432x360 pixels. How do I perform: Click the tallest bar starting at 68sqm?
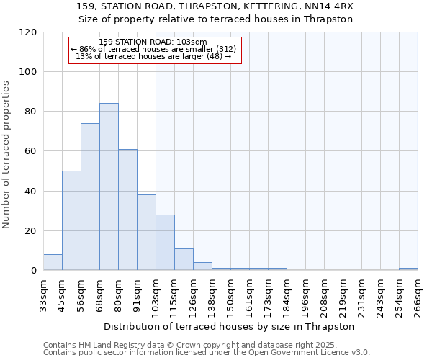pos(109,187)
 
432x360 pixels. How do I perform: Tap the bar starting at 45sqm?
pos(71,220)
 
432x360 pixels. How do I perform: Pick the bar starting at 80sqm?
pos(127,210)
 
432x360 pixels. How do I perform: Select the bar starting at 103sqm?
pos(165,243)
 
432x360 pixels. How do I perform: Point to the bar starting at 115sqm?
pos(184,259)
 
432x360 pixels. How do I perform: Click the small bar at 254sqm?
pos(408,269)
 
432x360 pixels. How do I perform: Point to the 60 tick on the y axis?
pos(32,151)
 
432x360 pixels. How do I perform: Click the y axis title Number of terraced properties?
pos(7,155)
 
